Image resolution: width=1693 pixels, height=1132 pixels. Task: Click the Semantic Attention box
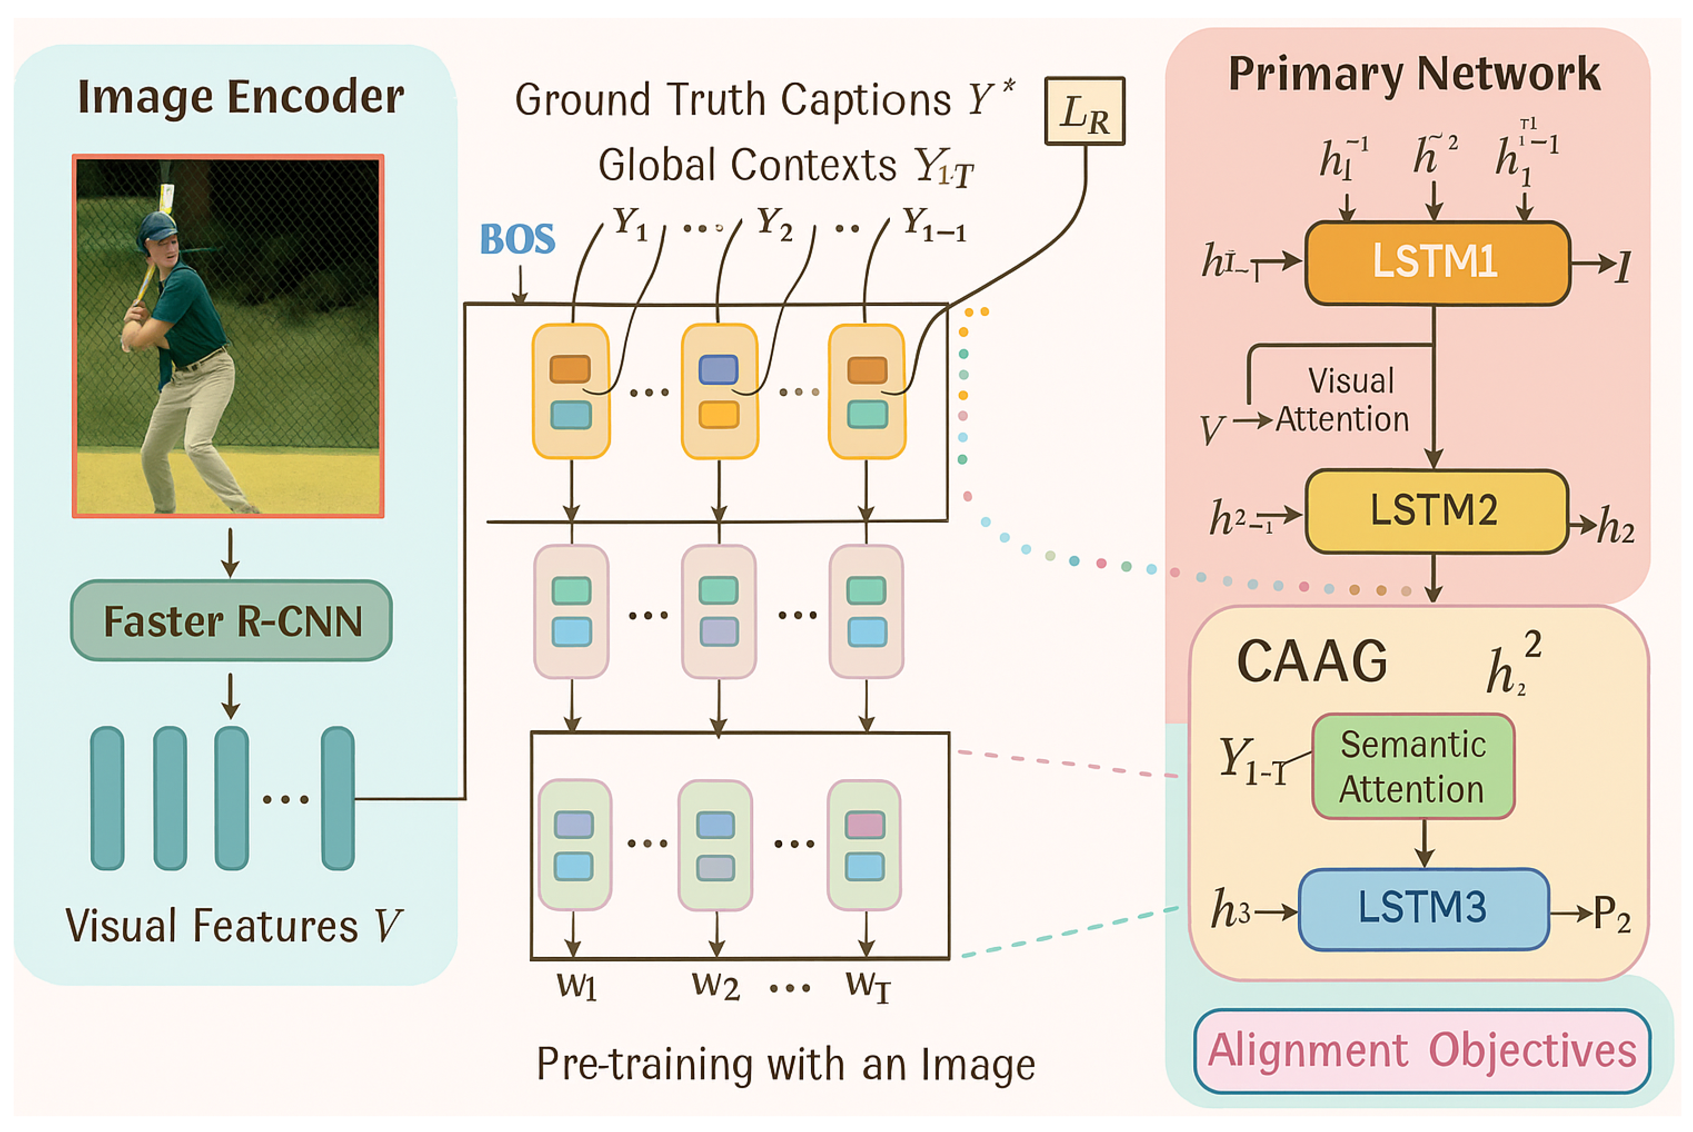pos(1412,767)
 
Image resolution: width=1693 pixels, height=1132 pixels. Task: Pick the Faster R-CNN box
pos(231,621)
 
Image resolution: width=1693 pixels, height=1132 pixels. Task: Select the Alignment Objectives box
pos(1421,1051)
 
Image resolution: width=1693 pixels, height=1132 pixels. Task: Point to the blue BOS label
pos(517,239)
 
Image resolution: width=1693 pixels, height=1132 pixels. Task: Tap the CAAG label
pos(1311,661)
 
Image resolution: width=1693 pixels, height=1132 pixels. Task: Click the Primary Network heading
pos(1414,74)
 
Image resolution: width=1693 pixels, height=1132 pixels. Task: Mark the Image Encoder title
pos(240,97)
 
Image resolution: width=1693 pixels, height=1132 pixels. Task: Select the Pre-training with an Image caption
pos(786,1064)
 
